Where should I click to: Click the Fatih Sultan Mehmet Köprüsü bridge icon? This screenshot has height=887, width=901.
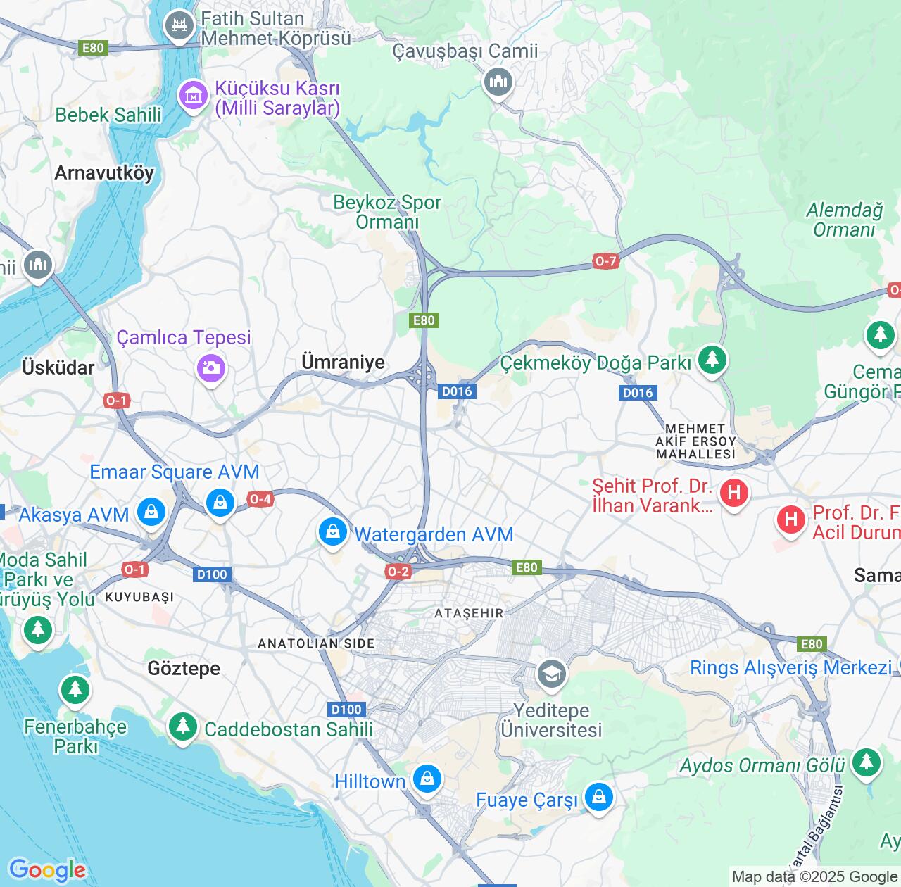[179, 26]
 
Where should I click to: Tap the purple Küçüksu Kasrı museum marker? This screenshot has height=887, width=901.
[193, 95]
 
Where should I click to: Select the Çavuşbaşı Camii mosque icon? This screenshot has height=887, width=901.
[498, 82]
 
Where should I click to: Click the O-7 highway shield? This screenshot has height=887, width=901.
[605, 261]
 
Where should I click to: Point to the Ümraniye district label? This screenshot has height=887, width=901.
[343, 362]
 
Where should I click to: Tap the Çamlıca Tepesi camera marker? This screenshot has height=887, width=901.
[210, 367]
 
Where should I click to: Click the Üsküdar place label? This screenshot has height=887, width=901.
[58, 367]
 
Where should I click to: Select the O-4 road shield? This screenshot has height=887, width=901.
[260, 499]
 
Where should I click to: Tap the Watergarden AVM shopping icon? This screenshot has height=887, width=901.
[332, 531]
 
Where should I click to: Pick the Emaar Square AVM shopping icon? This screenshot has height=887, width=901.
[220, 502]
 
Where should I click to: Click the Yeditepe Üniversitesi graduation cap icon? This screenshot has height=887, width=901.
[551, 674]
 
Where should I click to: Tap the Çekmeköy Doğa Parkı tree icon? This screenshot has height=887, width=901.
[712, 359]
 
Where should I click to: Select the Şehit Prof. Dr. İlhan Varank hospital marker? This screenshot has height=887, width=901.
[733, 492]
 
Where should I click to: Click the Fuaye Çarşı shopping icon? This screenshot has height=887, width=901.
[598, 797]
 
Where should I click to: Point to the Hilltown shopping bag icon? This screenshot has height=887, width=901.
[427, 779]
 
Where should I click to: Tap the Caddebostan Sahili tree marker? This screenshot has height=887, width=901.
[183, 726]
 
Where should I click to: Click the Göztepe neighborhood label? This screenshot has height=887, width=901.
[184, 668]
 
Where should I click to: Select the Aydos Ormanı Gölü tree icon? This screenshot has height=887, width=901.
[866, 762]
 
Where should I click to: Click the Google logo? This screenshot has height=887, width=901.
[47, 870]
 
